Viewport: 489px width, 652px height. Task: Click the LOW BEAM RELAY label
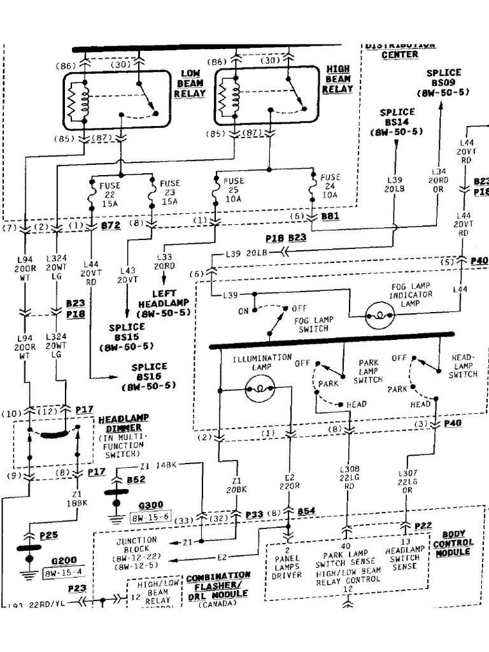pos(190,83)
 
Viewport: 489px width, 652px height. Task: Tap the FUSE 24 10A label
pos(330,187)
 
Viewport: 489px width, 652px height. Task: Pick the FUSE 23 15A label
pos(170,192)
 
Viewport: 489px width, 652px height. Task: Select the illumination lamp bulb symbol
pos(260,388)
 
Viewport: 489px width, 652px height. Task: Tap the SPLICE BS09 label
pos(443,83)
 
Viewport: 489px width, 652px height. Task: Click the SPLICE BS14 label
pos(397,122)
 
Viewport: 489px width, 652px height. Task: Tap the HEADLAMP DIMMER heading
pos(124,423)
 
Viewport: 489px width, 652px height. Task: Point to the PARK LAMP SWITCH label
pos(369,371)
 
